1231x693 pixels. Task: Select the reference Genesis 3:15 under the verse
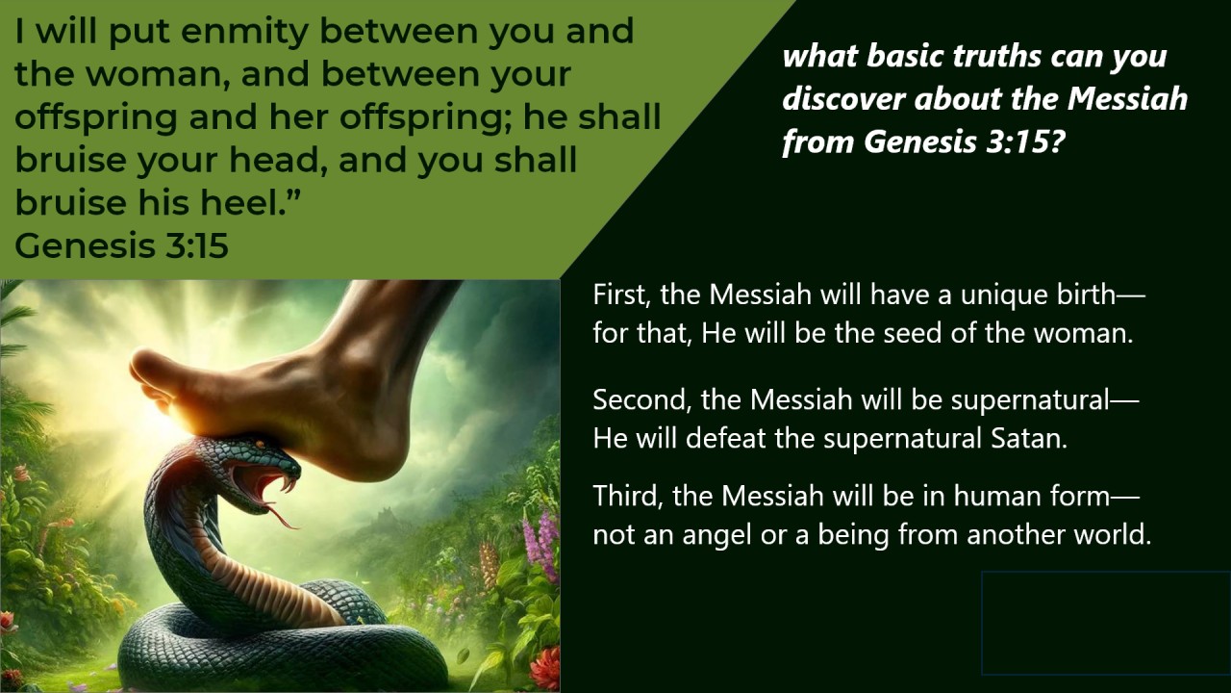click(121, 245)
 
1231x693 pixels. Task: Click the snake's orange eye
click(260, 443)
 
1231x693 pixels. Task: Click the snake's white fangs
click(286, 485)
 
